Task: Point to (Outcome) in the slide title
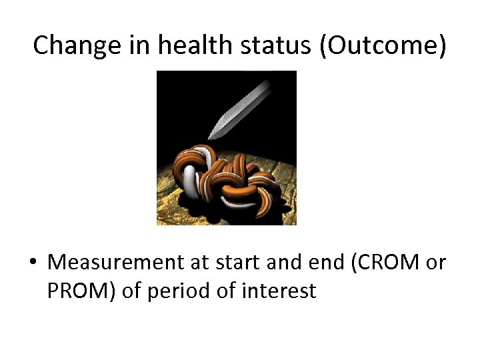(383, 45)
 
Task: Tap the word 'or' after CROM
(435, 263)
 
